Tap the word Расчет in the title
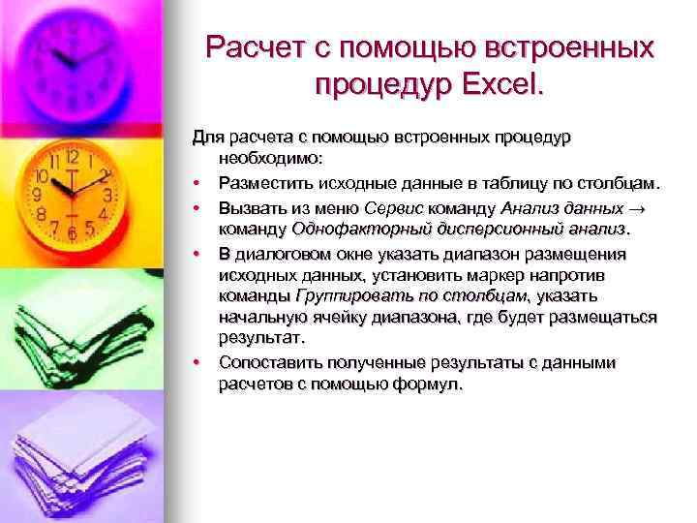point(255,47)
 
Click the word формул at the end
point(435,385)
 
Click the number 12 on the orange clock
point(72,156)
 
